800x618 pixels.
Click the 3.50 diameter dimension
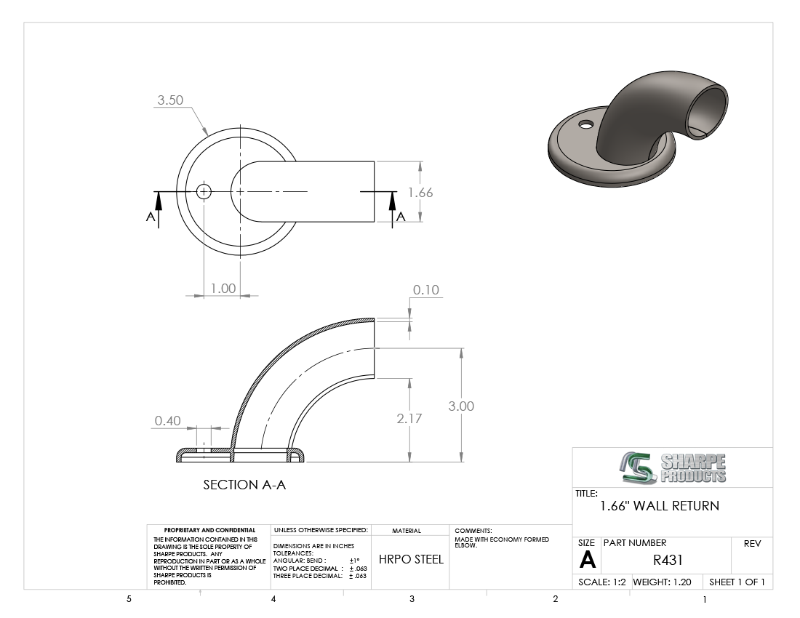pyautogui.click(x=170, y=100)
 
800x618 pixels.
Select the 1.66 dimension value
pyautogui.click(x=420, y=193)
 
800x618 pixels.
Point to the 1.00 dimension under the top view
pyautogui.click(x=223, y=289)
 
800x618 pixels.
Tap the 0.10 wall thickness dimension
pyautogui.click(x=426, y=290)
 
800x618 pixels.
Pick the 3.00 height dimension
pyautogui.click(x=461, y=406)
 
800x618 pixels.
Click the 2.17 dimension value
pyautogui.click(x=409, y=419)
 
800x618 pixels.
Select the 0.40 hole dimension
pyautogui.click(x=168, y=421)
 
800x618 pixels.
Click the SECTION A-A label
pyautogui.click(x=244, y=485)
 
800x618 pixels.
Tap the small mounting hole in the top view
pyautogui.click(x=204, y=192)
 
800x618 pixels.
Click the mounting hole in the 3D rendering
pyautogui.click(x=586, y=124)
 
